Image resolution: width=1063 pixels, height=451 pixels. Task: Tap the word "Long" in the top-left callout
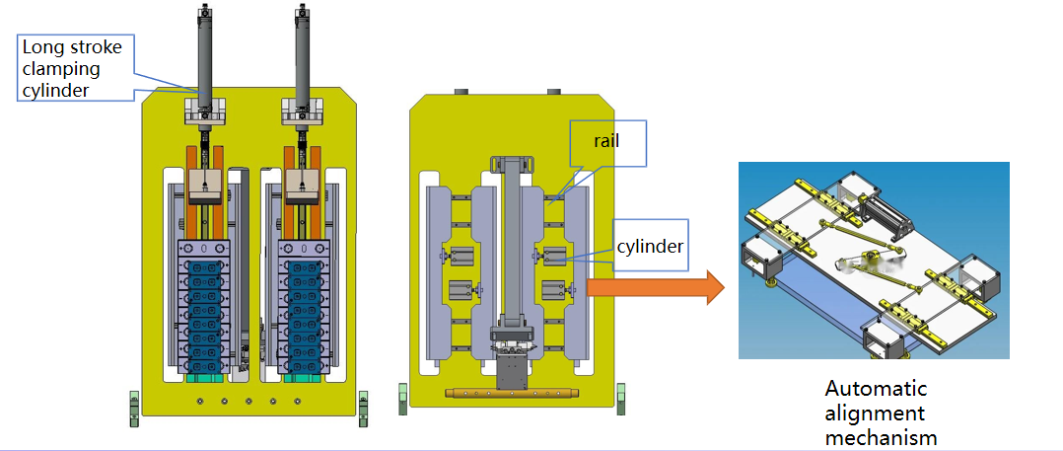[41, 46]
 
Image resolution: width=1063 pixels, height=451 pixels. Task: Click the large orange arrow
[655, 288]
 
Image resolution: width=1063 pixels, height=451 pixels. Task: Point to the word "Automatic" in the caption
[876, 389]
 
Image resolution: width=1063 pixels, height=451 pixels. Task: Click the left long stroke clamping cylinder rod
[204, 54]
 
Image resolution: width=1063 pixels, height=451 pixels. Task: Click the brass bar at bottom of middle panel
[511, 394]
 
